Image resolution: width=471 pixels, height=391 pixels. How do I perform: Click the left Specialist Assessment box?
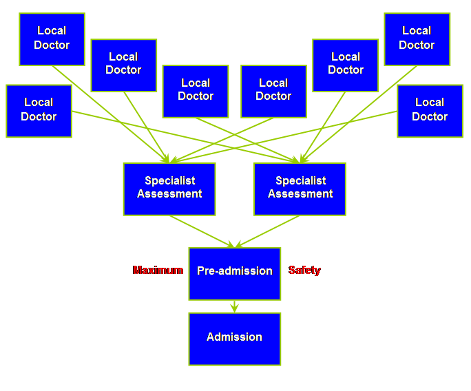[169, 189]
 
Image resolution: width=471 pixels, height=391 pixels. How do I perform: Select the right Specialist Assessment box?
[300, 189]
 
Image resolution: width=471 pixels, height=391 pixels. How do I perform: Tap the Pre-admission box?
[235, 273]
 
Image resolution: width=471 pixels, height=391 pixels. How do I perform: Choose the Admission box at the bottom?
[235, 339]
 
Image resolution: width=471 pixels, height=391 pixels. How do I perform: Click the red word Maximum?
[158, 271]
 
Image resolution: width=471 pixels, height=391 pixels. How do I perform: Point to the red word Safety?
[304, 271]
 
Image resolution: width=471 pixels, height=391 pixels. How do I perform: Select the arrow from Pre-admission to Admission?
[235, 306]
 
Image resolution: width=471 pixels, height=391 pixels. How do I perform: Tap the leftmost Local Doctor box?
[39, 111]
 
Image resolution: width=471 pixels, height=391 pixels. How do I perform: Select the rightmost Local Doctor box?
[430, 111]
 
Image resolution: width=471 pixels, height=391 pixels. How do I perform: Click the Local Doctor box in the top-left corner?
[52, 39]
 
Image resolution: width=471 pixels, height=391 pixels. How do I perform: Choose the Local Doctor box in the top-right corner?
[417, 39]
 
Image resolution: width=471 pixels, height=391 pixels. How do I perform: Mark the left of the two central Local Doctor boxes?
[196, 91]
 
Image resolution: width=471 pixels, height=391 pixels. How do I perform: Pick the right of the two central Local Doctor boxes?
[273, 91]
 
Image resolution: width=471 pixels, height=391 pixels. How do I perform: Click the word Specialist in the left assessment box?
[169, 181]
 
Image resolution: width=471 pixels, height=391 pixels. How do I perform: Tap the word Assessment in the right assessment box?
[300, 194]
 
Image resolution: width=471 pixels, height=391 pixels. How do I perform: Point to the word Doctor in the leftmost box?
[39, 117]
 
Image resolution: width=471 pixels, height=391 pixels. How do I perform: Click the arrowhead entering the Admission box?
[235, 310]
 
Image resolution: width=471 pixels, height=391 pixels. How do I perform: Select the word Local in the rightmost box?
[430, 103]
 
